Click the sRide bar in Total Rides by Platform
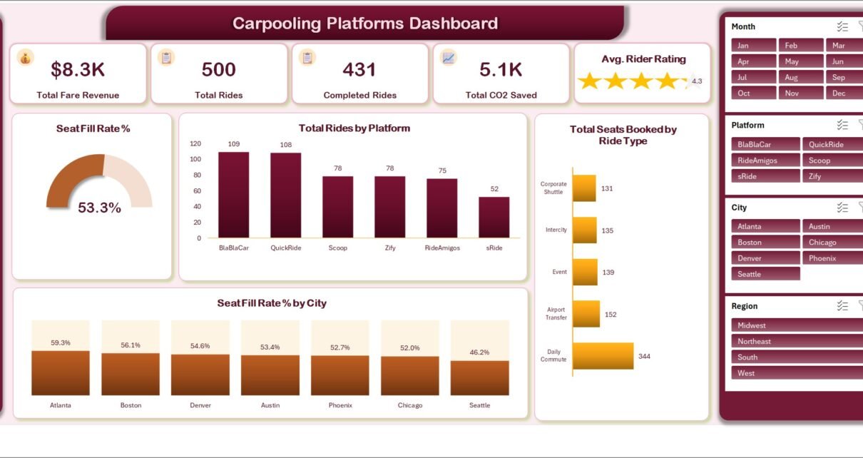click(x=494, y=217)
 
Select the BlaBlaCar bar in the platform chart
click(x=233, y=195)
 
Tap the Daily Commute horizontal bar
click(x=603, y=356)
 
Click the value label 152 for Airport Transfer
click(x=611, y=314)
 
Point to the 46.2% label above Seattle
click(x=479, y=352)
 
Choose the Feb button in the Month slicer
click(x=801, y=45)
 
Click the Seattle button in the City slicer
click(x=765, y=274)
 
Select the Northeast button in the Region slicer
click(x=797, y=341)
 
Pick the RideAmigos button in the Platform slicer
click(x=765, y=161)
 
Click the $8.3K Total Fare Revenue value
click(x=78, y=69)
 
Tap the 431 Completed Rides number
click(x=359, y=69)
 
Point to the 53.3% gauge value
click(x=99, y=208)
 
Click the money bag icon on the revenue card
click(x=26, y=58)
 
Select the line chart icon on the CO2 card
click(x=449, y=58)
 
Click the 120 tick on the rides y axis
click(x=195, y=143)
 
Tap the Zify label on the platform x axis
click(x=390, y=248)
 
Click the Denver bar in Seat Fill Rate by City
click(x=200, y=375)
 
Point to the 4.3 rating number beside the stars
click(x=697, y=81)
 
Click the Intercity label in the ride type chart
click(x=556, y=230)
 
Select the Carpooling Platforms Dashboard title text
click(x=365, y=23)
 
